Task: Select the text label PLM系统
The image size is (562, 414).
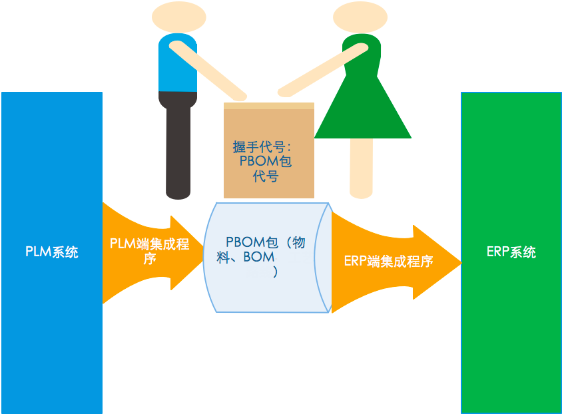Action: [52, 252]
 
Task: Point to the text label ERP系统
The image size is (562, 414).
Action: [511, 252]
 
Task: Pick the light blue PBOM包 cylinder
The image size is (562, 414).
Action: [266, 293]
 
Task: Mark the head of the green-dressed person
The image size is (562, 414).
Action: [360, 17]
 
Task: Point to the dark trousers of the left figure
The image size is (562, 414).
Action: [178, 146]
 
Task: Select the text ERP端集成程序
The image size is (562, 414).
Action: [389, 261]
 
